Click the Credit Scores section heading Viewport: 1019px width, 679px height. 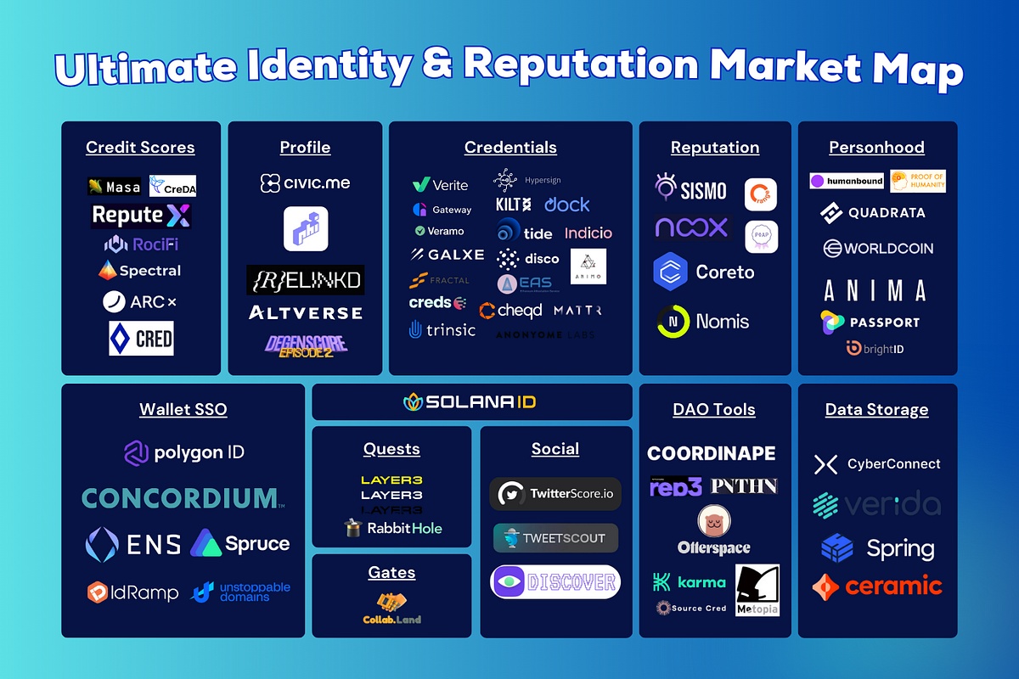point(140,148)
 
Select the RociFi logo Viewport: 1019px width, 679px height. point(141,244)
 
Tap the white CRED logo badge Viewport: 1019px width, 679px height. point(141,339)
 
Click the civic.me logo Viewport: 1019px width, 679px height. point(305,183)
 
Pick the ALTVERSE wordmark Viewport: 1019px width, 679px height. point(305,313)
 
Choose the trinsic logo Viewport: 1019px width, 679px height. point(442,329)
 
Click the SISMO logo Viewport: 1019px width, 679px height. point(691,189)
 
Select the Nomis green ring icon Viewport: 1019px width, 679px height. point(673,322)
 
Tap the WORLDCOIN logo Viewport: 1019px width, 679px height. point(877,249)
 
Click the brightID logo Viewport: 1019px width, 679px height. point(875,348)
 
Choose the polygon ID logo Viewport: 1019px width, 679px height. point(183,452)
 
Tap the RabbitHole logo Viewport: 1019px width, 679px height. point(392,528)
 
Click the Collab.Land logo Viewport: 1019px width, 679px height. point(391,609)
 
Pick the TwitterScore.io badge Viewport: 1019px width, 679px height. point(555,494)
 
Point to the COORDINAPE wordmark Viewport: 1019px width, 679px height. point(712,453)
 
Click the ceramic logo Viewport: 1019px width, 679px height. point(877,586)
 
